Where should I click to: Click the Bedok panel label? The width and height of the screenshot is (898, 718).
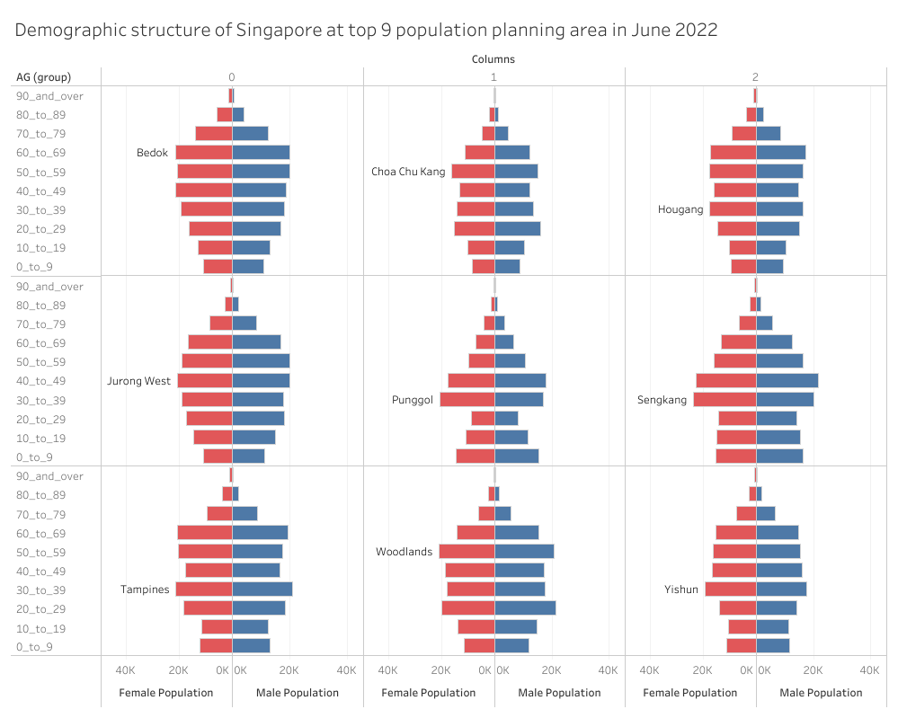152,153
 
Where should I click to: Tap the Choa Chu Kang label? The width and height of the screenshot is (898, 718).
408,172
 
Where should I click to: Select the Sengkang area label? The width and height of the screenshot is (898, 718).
662,400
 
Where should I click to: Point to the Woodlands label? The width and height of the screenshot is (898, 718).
404,552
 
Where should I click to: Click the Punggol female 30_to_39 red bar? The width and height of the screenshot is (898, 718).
467,400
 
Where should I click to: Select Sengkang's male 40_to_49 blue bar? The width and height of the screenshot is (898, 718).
787,381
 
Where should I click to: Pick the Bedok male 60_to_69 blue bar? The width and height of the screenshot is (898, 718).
261,153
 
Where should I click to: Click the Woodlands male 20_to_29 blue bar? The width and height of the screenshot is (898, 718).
525,608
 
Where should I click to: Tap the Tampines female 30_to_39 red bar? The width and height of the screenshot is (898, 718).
203,589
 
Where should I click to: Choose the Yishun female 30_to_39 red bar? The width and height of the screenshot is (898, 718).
730,589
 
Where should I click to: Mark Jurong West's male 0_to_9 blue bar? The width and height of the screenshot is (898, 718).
248,457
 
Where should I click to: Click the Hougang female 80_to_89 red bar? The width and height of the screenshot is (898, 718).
751,115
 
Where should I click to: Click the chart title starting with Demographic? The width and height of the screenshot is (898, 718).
366,30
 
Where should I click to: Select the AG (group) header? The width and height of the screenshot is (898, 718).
43,77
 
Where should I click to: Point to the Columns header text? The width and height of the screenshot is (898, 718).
493,59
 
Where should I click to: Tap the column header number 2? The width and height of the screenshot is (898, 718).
755,77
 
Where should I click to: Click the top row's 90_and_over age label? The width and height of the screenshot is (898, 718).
49,96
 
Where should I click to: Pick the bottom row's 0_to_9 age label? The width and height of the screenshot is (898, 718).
35,647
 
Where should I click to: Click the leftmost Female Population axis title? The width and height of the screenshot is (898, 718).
166,693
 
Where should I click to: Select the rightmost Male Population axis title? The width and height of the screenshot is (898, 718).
821,693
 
